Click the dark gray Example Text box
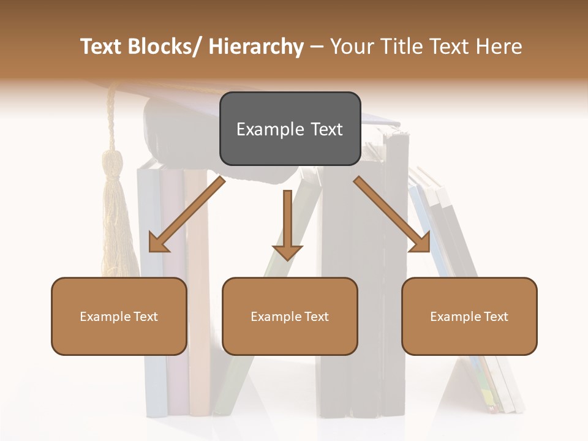[290, 129]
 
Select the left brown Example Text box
[119, 316]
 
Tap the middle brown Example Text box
[290, 316]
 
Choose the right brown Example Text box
[469, 316]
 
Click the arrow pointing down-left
[187, 214]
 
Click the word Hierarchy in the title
[256, 47]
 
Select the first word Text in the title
[102, 47]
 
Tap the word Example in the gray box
[262, 129]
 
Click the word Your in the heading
[350, 47]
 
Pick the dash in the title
[317, 47]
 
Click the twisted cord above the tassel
[111, 119]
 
